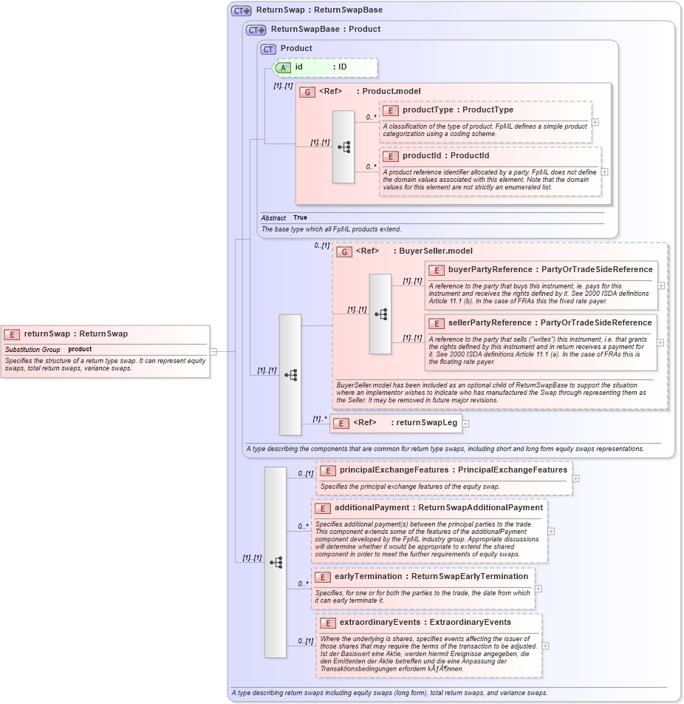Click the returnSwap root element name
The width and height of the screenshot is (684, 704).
pyautogui.click(x=47, y=334)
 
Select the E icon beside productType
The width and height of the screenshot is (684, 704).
pyautogui.click(x=390, y=110)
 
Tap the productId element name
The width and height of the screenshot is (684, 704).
pyautogui.click(x=425, y=156)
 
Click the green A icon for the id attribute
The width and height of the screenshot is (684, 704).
pyautogui.click(x=283, y=67)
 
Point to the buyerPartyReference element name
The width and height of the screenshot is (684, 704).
pyautogui.click(x=490, y=269)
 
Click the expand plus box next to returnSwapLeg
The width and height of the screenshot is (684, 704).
pyautogui.click(x=465, y=424)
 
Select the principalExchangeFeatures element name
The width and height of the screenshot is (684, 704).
pyautogui.click(x=394, y=470)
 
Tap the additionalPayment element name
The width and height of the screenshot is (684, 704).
pyautogui.click(x=372, y=507)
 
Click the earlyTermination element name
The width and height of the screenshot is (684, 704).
pyautogui.click(x=369, y=576)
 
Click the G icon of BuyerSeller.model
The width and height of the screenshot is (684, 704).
pyautogui.click(x=344, y=251)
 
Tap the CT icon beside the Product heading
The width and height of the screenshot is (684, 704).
pyautogui.click(x=267, y=49)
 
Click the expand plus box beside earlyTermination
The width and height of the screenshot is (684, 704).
pyautogui.click(x=538, y=589)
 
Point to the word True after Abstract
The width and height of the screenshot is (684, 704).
pyautogui.click(x=300, y=218)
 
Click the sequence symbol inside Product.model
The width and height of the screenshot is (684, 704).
pyautogui.click(x=343, y=146)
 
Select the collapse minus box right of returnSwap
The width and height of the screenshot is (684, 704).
pyautogui.click(x=213, y=351)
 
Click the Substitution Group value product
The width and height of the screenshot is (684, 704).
pyautogui.click(x=80, y=349)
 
